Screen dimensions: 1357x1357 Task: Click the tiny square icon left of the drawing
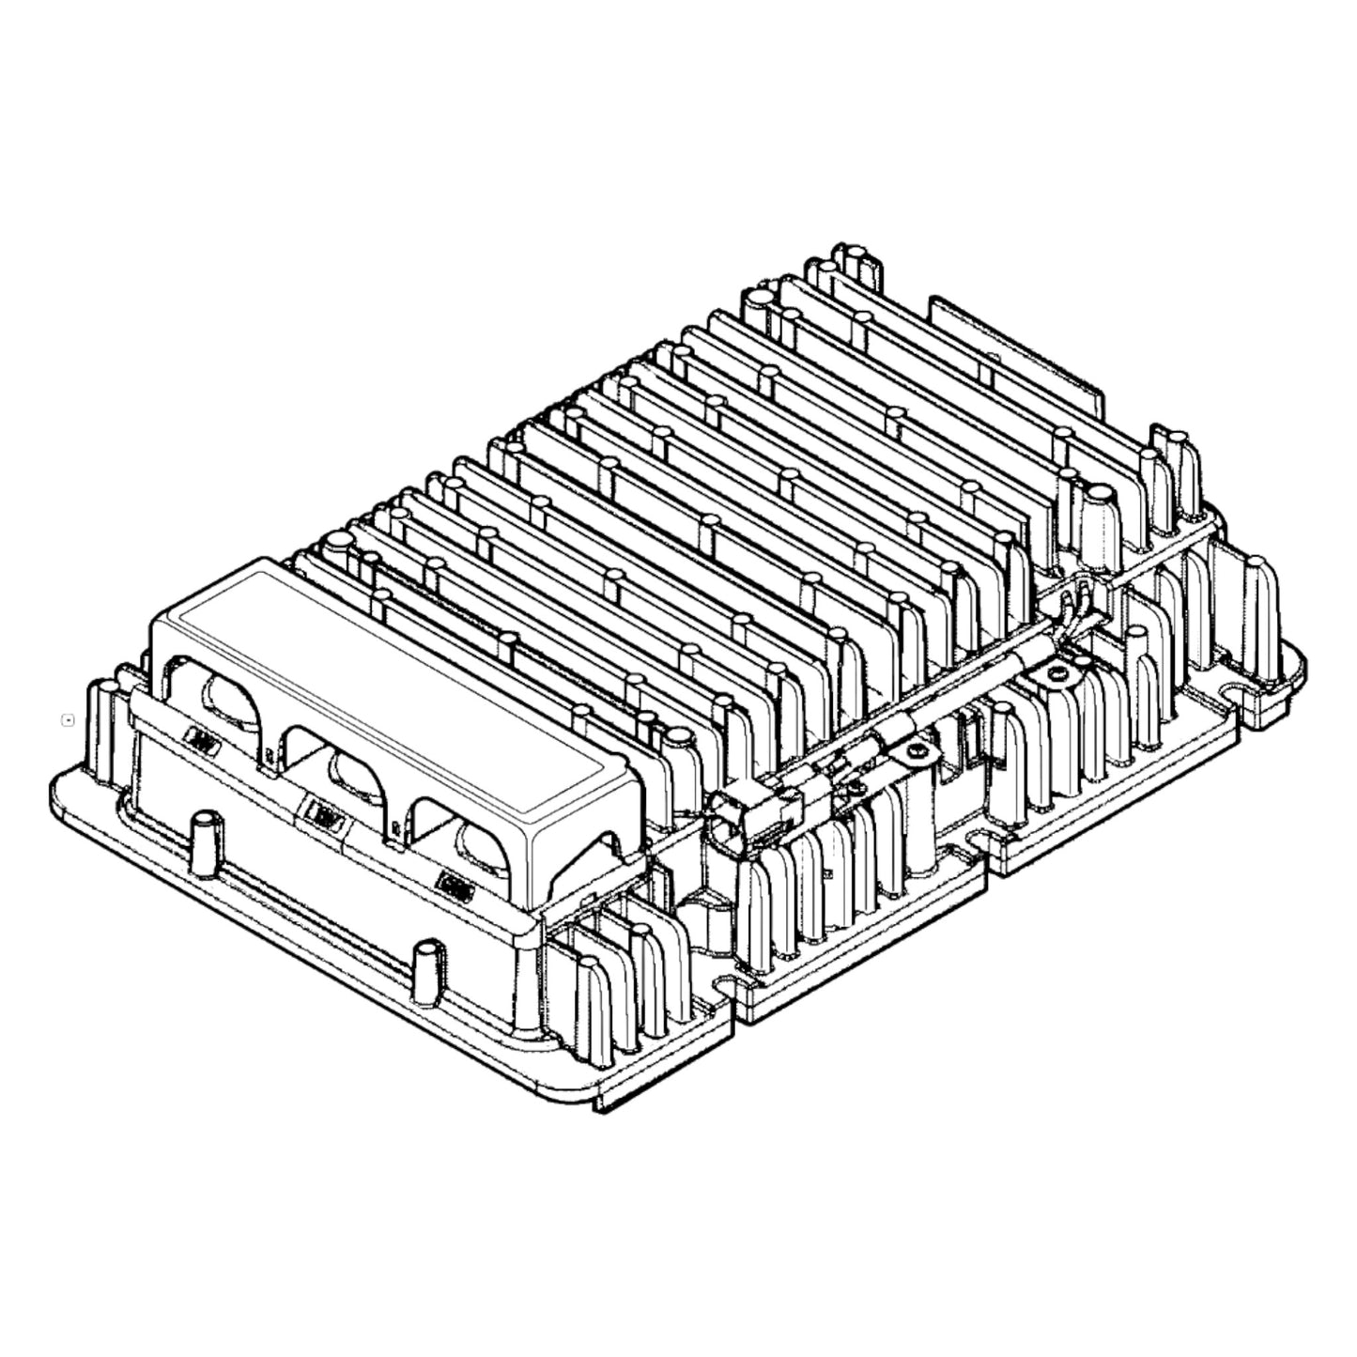point(68,720)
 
